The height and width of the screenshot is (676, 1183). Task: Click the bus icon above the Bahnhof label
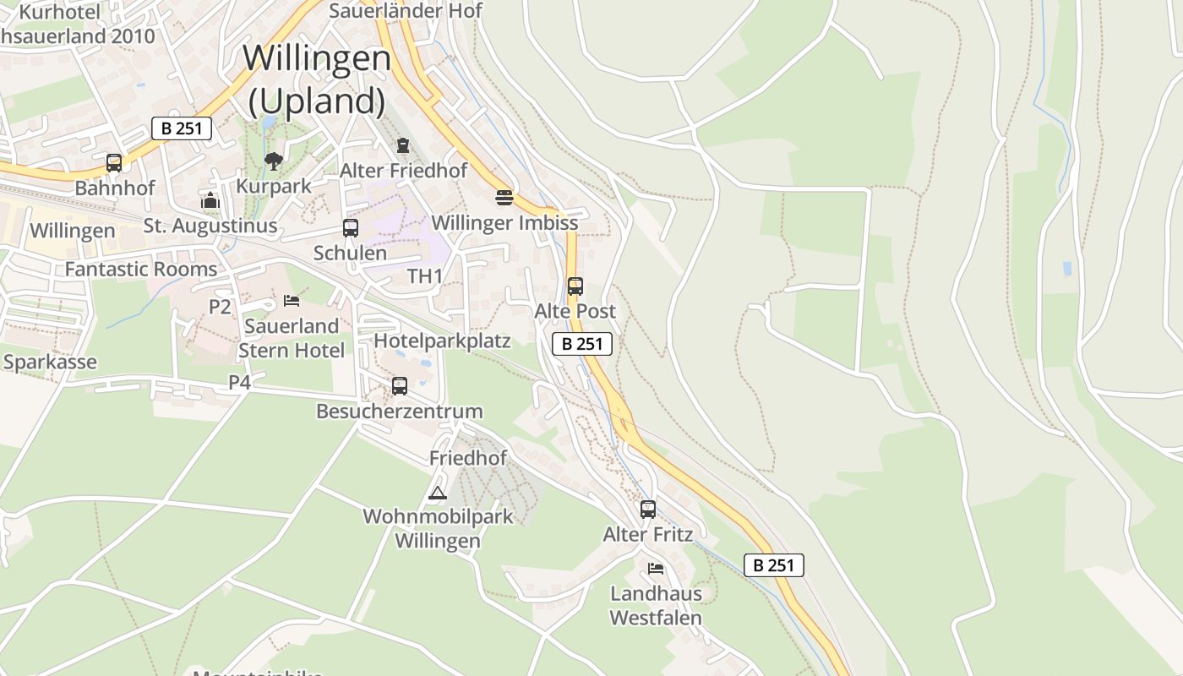[114, 163]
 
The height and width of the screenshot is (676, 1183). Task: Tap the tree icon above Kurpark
[273, 161]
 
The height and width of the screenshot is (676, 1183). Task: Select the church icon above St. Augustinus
[210, 200]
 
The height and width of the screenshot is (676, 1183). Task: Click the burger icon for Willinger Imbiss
[504, 198]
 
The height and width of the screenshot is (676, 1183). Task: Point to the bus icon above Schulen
[350, 227]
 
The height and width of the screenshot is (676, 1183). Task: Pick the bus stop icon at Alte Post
[575, 286]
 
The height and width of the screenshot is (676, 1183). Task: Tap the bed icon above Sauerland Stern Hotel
[292, 300]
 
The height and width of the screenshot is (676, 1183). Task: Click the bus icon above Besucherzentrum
[400, 386]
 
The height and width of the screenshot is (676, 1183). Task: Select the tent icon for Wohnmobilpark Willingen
[437, 493]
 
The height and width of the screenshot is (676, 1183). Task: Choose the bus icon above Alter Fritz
[648, 510]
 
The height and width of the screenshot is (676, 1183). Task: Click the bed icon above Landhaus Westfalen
[656, 568]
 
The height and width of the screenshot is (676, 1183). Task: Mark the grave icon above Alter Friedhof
[403, 145]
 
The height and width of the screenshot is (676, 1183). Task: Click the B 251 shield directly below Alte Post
[582, 344]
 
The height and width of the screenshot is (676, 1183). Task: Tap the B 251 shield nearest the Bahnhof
[182, 128]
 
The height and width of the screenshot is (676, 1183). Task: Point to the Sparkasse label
[50, 362]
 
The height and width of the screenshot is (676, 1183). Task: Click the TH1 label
[425, 276]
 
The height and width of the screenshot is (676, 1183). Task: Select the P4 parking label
[240, 382]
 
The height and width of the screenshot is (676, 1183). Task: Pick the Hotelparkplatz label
[442, 341]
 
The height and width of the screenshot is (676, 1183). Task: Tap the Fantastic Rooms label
[141, 270]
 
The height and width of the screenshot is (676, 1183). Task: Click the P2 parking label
[220, 307]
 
